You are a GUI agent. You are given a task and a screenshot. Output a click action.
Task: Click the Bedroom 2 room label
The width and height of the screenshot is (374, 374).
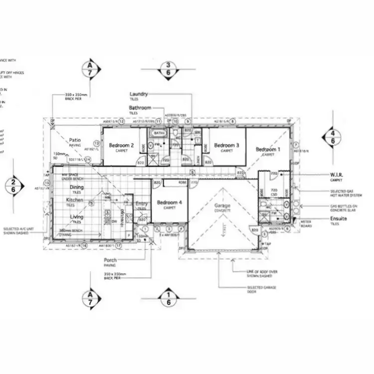tap(121, 146)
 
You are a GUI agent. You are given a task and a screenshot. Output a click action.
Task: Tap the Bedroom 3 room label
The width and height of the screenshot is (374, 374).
tap(227, 146)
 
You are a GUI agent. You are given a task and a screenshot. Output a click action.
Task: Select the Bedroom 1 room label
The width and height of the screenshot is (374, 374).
tap(268, 150)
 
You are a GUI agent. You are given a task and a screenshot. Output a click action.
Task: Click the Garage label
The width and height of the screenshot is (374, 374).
tap(223, 206)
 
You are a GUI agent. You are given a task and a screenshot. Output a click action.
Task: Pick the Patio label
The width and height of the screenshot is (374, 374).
tap(75, 141)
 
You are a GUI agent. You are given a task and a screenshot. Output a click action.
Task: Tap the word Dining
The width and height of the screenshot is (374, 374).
tap(76, 187)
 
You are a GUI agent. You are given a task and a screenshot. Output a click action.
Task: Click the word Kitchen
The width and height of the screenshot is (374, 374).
tap(75, 200)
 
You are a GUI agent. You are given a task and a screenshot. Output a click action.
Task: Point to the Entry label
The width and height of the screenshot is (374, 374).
tap(142, 203)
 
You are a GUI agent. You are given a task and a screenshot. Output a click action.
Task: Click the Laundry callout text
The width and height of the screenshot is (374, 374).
tap(139, 94)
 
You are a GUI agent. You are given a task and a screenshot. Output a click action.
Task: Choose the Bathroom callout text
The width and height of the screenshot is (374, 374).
tap(140, 108)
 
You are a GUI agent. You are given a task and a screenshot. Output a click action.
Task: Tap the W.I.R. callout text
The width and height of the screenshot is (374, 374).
tap(337, 175)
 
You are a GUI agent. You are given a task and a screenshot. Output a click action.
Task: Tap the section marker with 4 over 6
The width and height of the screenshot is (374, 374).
tap(333, 138)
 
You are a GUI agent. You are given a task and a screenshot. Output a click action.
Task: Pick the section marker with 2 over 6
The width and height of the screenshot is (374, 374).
tap(14, 186)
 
